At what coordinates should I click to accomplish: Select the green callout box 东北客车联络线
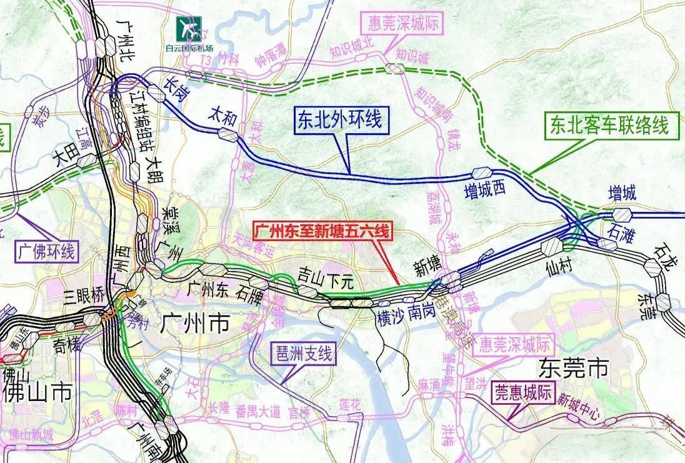click(606, 126)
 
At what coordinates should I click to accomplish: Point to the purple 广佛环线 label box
click(44, 253)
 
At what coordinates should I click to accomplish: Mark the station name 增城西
click(484, 192)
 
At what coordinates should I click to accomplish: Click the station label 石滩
click(619, 232)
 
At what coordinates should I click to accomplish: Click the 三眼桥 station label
click(84, 297)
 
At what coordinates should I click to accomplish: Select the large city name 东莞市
click(573, 368)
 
